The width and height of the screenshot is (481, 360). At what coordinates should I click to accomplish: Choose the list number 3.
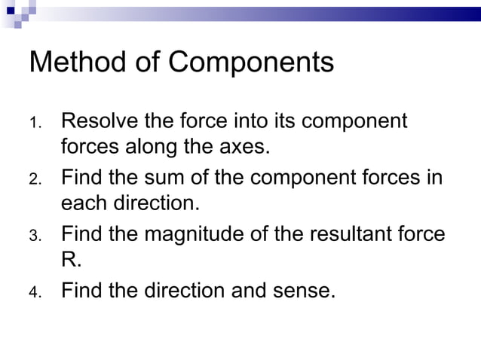click(x=35, y=236)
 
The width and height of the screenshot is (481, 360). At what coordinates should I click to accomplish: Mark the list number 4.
click(x=35, y=293)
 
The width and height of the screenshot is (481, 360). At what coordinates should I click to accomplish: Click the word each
click(x=85, y=203)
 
